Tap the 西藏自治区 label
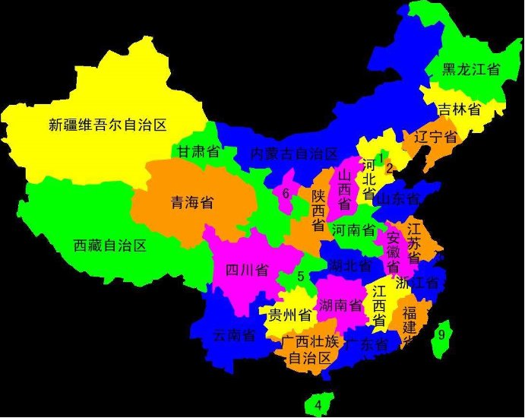109,245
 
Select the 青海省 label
191,203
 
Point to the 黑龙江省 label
471,70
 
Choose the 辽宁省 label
436,138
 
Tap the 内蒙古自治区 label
295,154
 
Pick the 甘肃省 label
199,152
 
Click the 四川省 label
247,270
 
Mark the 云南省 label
233,335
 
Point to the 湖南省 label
340,306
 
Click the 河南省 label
353,230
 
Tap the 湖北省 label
351,266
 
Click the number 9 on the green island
441,334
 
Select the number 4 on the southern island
318,404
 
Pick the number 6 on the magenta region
286,193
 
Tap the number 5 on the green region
301,277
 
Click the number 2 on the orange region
389,168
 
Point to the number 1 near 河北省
381,157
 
